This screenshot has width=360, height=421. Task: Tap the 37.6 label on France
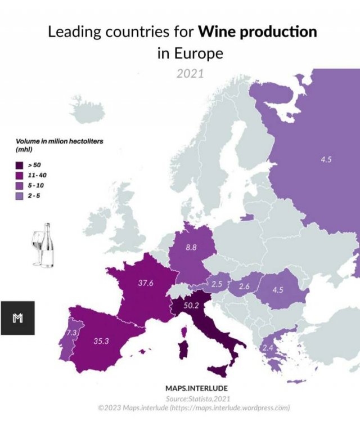(x=146, y=283)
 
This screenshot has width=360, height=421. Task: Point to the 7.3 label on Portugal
(x=71, y=333)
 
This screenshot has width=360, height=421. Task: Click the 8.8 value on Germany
(x=191, y=246)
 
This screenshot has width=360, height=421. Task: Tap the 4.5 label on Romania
(x=277, y=290)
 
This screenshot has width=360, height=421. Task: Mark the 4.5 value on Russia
(x=326, y=160)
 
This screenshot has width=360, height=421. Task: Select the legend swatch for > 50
(x=19, y=165)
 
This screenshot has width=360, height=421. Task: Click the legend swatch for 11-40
(x=19, y=176)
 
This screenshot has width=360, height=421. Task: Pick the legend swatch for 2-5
(x=19, y=195)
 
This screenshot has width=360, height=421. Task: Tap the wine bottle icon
(x=48, y=246)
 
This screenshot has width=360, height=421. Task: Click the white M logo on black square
(x=17, y=318)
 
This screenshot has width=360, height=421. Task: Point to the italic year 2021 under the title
(x=190, y=73)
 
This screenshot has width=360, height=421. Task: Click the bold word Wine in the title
(x=218, y=32)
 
